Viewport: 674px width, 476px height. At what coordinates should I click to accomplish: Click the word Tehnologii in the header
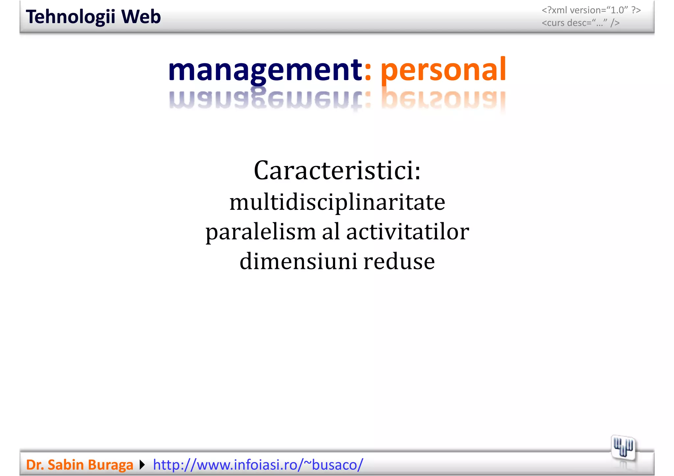[x=70, y=17]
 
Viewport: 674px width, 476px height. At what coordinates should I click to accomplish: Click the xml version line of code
[x=591, y=10]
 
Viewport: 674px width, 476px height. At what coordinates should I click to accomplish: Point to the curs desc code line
[x=581, y=23]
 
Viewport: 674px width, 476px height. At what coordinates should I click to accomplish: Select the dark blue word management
[x=265, y=70]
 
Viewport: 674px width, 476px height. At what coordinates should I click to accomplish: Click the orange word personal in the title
[x=443, y=70]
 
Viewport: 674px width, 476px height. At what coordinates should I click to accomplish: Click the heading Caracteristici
[x=337, y=171]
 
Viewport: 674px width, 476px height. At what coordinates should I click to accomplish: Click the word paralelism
[x=261, y=232]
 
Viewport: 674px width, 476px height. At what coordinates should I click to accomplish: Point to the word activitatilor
[x=407, y=232]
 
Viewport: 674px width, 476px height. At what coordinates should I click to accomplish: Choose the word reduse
[x=399, y=262]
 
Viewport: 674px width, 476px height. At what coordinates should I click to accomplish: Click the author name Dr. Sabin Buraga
[x=79, y=465]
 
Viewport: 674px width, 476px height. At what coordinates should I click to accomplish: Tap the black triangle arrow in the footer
[x=142, y=465]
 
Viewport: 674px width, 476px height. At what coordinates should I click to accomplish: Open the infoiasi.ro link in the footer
[x=258, y=465]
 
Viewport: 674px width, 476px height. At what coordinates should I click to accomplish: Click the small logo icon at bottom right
[x=623, y=448]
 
